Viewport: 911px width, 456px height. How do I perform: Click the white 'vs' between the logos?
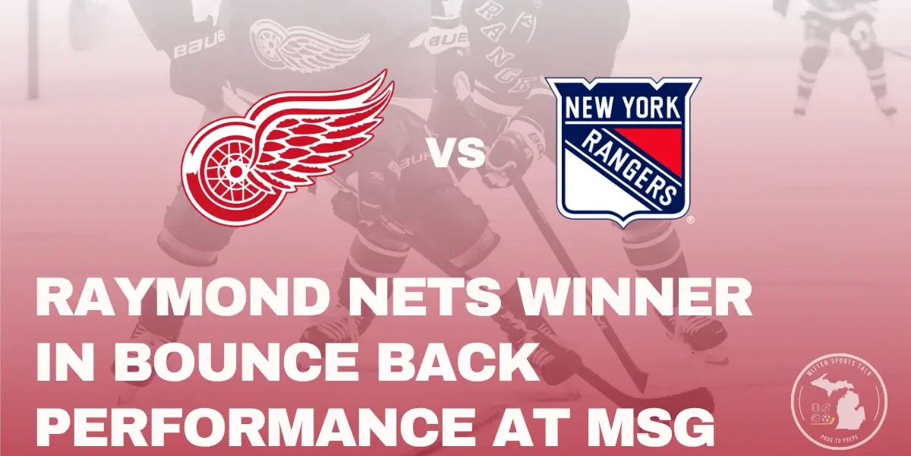(459, 154)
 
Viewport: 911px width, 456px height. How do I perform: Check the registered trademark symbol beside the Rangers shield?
(689, 220)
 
